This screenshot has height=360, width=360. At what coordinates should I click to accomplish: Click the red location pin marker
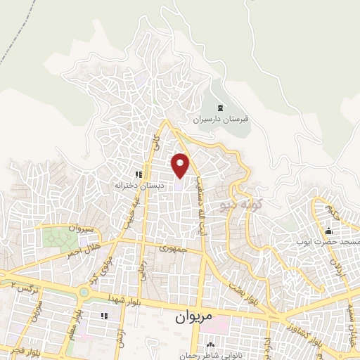pyautogui.click(x=181, y=165)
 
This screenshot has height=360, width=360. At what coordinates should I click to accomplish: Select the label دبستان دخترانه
pyautogui.click(x=139, y=186)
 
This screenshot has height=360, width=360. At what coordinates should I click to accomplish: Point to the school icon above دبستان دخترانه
pyautogui.click(x=139, y=174)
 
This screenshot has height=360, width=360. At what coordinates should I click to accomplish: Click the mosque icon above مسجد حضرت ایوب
pyautogui.click(x=328, y=231)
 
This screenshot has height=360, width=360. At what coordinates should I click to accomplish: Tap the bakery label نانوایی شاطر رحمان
pyautogui.click(x=210, y=356)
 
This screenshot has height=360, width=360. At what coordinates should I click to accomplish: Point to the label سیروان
pyautogui.click(x=80, y=229)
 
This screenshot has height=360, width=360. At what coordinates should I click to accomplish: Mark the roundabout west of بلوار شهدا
pyautogui.click(x=84, y=291)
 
